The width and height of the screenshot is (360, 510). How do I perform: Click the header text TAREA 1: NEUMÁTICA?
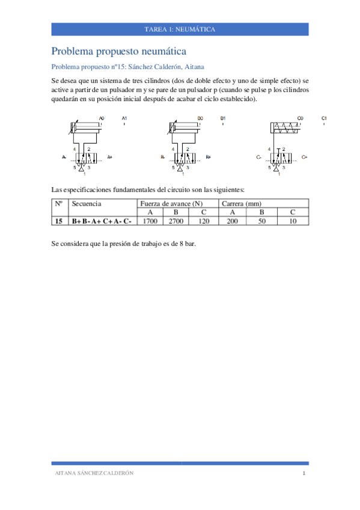pyautogui.click(x=180, y=29)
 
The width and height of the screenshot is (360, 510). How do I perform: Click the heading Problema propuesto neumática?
pyautogui.click(x=119, y=52)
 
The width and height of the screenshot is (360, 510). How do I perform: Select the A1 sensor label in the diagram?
pyautogui.click(x=124, y=118)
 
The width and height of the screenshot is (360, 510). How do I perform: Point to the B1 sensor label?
pyautogui.click(x=223, y=118)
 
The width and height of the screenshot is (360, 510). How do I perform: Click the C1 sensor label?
pyautogui.click(x=324, y=118)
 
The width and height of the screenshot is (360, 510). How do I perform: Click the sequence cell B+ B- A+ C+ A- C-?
pyautogui.click(x=102, y=221)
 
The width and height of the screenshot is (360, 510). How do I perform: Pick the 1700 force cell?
pyautogui.click(x=150, y=221)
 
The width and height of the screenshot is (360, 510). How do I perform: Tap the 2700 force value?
pyautogui.click(x=175, y=221)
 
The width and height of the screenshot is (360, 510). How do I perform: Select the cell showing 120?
pyautogui.click(x=203, y=221)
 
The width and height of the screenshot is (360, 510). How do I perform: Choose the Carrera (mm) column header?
pyautogui.click(x=242, y=204)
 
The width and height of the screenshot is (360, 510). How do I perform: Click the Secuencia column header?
pyautogui.click(x=87, y=204)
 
